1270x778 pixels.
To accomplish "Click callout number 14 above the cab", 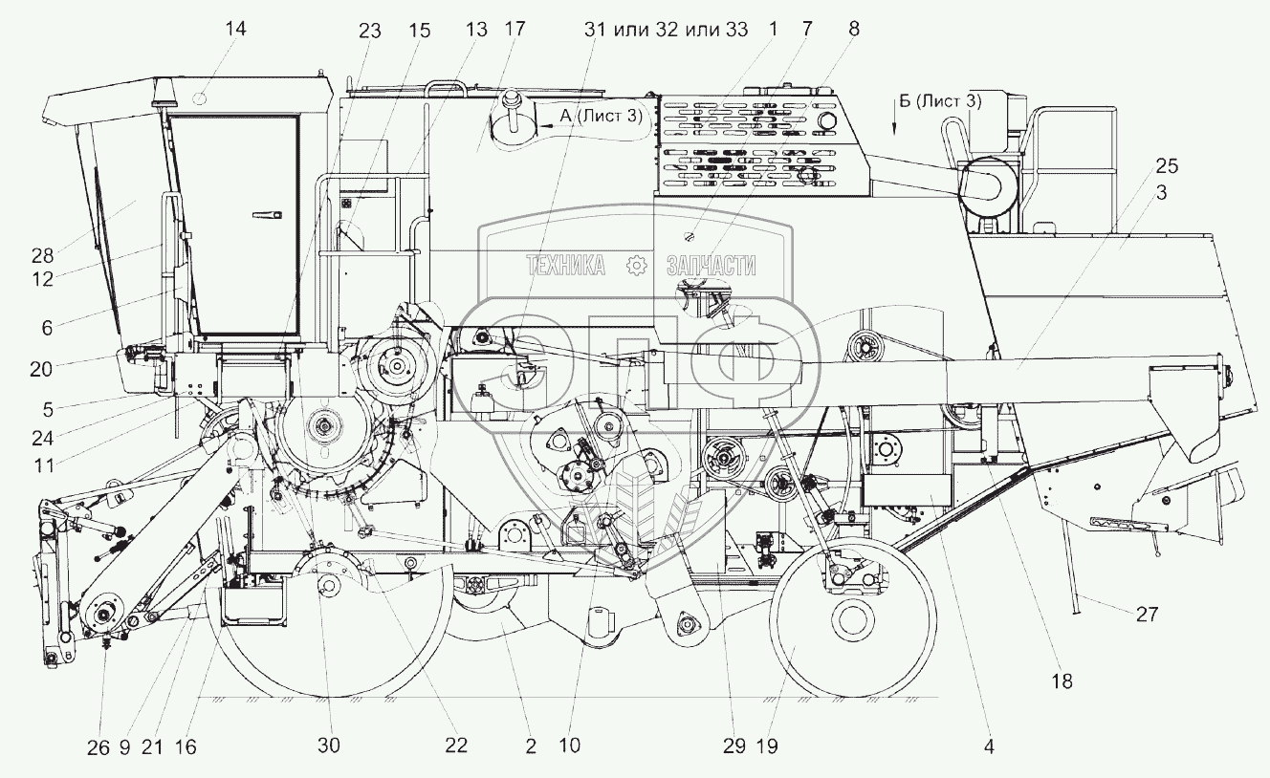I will pos(235,29).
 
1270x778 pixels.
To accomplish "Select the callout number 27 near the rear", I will pos(1147,615).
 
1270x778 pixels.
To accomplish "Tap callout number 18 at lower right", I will pos(1062,681).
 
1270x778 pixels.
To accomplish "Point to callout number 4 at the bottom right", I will pos(990,746).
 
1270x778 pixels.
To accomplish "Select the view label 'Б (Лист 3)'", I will pos(941,98).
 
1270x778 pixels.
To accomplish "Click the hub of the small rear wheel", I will pos(851,622).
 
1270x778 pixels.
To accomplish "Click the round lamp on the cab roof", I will pos(202,95).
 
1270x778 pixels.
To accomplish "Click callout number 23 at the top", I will pos(370,30).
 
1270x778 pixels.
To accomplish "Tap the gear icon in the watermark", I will pos(634,266).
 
